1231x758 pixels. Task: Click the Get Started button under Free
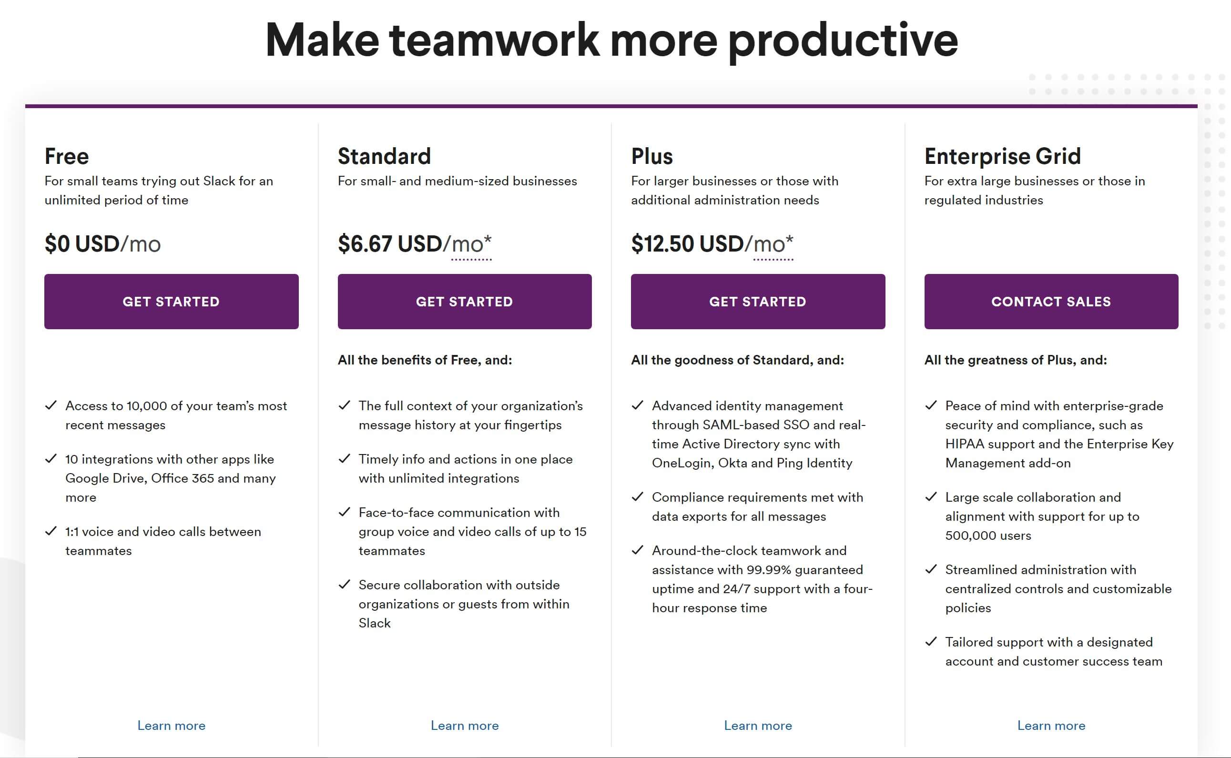pyautogui.click(x=171, y=301)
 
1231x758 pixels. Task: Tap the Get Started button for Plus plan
pyautogui.click(x=758, y=301)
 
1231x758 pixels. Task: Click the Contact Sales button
pyautogui.click(x=1051, y=301)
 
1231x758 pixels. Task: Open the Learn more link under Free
pyautogui.click(x=172, y=726)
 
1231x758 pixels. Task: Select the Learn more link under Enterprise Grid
pyautogui.click(x=1051, y=726)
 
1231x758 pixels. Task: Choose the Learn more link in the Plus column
pyautogui.click(x=758, y=726)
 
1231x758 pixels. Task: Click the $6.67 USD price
pyautogui.click(x=390, y=243)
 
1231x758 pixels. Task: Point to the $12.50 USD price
pyautogui.click(x=687, y=243)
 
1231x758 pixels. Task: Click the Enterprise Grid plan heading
pyautogui.click(x=1002, y=156)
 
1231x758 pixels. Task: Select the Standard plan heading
pyautogui.click(x=384, y=156)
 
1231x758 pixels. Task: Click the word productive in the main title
pyautogui.click(x=843, y=41)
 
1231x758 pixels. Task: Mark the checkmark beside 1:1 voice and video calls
pyautogui.click(x=51, y=531)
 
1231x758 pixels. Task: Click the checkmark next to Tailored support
pyautogui.click(x=931, y=642)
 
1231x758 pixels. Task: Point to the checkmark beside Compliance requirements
pyautogui.click(x=637, y=497)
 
